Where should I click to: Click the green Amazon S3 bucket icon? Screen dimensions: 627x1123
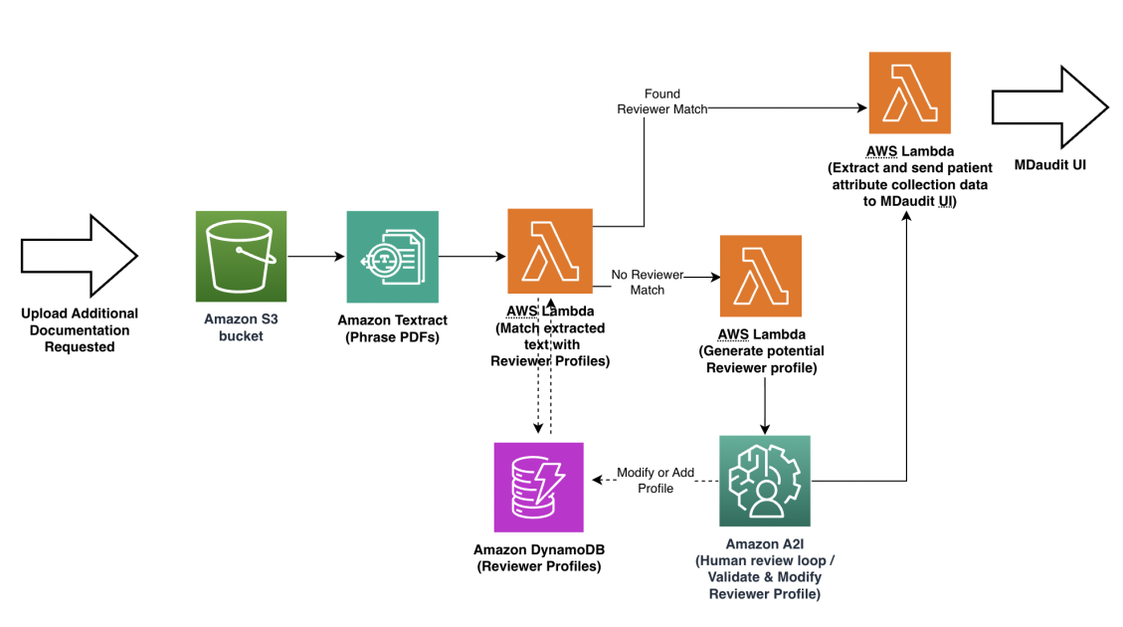241,256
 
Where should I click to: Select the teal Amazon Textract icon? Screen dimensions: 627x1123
392,256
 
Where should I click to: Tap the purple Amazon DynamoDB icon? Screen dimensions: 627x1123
538,487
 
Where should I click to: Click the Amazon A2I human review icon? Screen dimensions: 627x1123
764,481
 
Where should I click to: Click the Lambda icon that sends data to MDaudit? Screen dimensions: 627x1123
908,93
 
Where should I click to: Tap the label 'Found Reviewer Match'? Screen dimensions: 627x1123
662,102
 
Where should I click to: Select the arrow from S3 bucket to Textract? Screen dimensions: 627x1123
315,257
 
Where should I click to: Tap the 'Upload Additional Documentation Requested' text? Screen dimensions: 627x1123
80,329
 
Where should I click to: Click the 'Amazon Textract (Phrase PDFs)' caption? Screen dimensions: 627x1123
392,327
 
